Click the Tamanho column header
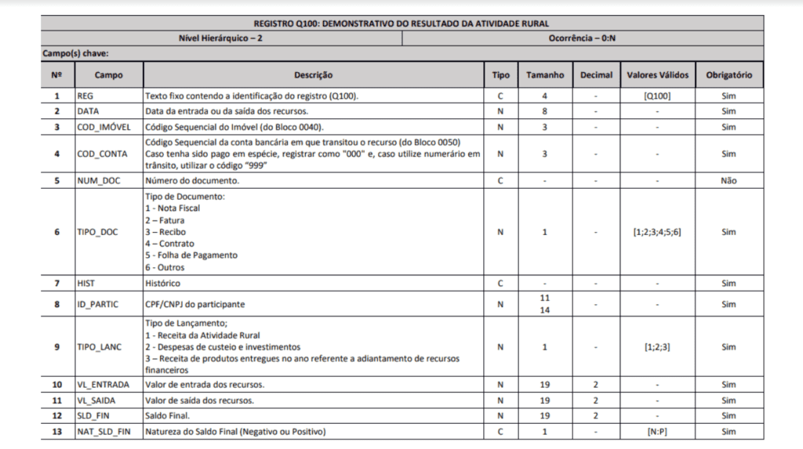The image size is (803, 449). (x=544, y=75)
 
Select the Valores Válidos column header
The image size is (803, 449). (x=657, y=75)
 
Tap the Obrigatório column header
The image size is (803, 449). (x=729, y=75)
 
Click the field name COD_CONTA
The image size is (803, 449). (x=98, y=154)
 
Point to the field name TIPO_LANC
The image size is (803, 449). (x=99, y=346)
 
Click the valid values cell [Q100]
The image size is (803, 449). (x=657, y=96)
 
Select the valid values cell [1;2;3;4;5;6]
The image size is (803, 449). (x=657, y=232)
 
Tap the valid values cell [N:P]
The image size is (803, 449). (x=657, y=432)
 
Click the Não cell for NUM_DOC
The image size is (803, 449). (x=729, y=180)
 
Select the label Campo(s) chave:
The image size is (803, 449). (x=76, y=53)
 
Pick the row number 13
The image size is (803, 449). (x=56, y=432)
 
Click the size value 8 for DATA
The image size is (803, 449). (x=544, y=111)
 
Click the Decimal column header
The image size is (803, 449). (x=596, y=75)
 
